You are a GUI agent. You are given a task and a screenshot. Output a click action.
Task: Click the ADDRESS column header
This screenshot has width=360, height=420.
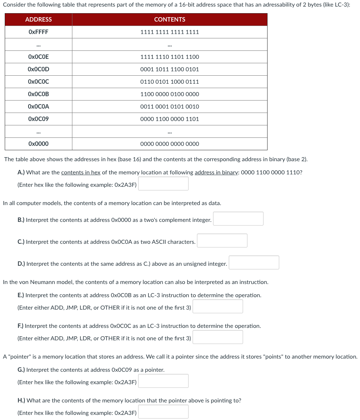38,19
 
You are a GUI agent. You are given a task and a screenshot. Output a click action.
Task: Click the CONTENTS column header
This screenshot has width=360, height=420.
170,19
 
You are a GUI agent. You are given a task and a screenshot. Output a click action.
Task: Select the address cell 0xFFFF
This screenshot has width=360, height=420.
38,32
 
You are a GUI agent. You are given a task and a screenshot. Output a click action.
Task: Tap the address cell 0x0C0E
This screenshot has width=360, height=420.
38,57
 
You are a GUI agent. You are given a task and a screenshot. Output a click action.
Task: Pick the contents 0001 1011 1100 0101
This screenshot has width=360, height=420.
170,69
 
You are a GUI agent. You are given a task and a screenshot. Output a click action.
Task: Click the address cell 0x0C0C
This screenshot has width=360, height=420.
38,82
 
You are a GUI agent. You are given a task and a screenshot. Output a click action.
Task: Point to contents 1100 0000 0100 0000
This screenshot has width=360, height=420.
170,94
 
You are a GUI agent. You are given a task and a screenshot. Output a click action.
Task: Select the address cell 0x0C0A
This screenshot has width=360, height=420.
38,107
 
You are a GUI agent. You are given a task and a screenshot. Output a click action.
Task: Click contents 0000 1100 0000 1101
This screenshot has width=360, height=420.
170,119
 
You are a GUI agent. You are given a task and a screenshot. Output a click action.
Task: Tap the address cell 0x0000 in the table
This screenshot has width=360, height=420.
38,144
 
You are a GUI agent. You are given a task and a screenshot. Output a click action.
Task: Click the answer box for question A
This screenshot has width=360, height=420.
163,184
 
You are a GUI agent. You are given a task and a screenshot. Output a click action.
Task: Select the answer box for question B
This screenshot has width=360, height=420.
238,219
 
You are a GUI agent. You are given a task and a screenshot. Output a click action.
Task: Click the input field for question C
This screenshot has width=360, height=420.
222,241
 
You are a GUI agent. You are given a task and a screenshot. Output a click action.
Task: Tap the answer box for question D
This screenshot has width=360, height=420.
254,263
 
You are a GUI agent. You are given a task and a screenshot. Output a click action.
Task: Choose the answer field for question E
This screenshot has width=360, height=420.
218,307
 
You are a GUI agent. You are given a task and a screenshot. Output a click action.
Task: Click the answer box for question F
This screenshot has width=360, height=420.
218,337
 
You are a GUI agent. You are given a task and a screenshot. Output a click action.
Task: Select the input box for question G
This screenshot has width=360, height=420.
163,381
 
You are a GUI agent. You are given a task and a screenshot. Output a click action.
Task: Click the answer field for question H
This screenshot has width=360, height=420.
163,412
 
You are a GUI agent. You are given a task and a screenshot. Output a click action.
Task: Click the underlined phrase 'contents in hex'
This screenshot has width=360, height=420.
81,173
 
